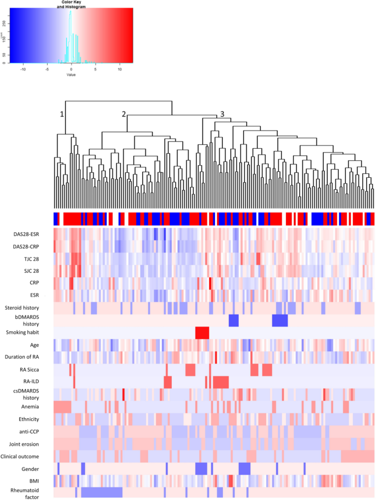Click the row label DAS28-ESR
[25, 234]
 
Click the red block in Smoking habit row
[202, 332]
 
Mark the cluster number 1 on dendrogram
[62, 114]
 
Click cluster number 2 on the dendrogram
[124, 114]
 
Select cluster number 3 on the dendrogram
[222, 114]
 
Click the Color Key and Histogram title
[70, 4]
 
